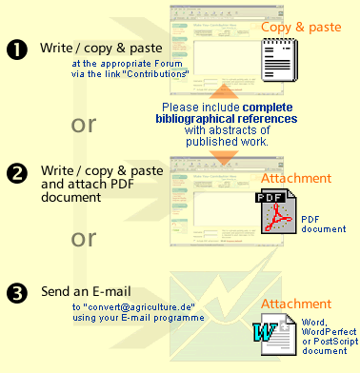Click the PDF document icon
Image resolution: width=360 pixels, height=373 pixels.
tap(276, 210)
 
